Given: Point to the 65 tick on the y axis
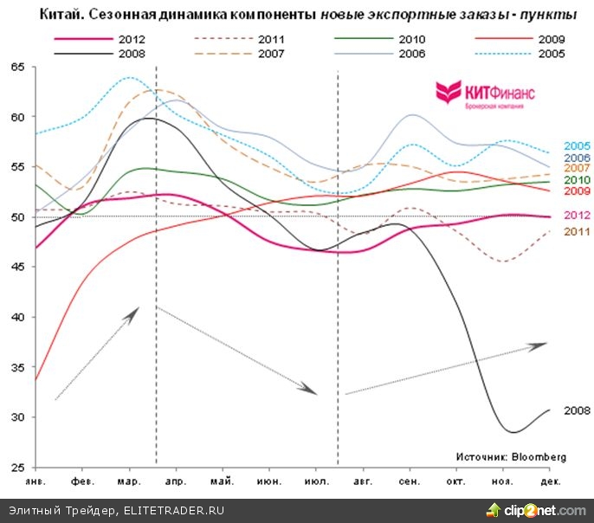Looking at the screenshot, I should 16,67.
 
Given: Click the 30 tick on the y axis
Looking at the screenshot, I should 16,417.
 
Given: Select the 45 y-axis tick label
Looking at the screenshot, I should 16,268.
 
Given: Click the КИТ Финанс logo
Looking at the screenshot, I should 485,94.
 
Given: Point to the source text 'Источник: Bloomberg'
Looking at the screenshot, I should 512,456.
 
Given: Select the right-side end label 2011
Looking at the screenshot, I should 577,231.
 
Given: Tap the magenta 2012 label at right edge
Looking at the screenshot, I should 577,215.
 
